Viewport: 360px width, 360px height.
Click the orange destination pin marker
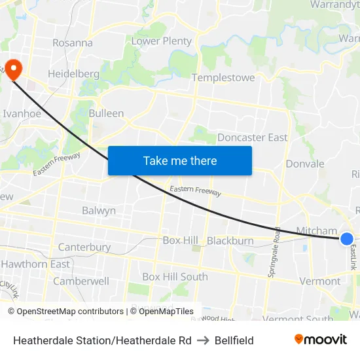[13, 69]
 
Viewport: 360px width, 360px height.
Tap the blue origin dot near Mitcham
[347, 240]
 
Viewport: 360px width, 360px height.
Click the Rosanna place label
[73, 43]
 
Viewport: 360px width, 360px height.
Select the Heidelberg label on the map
[73, 74]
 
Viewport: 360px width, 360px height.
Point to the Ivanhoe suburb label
[22, 113]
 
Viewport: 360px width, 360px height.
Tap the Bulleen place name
[106, 113]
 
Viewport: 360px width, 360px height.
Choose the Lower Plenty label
[162, 41]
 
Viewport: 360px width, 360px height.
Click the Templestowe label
[223, 78]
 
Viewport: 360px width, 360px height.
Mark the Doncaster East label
[252, 137]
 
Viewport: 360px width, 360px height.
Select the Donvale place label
[305, 164]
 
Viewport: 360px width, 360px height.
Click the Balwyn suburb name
[99, 211]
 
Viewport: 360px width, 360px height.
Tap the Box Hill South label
[175, 277]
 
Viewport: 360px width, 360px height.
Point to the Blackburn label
[230, 241]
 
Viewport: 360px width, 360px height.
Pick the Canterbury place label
[84, 247]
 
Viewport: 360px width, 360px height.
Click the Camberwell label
[81, 281]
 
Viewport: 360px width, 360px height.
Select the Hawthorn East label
[35, 264]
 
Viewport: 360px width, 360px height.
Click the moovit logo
[321, 339]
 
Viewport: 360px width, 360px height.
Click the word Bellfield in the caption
[234, 340]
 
